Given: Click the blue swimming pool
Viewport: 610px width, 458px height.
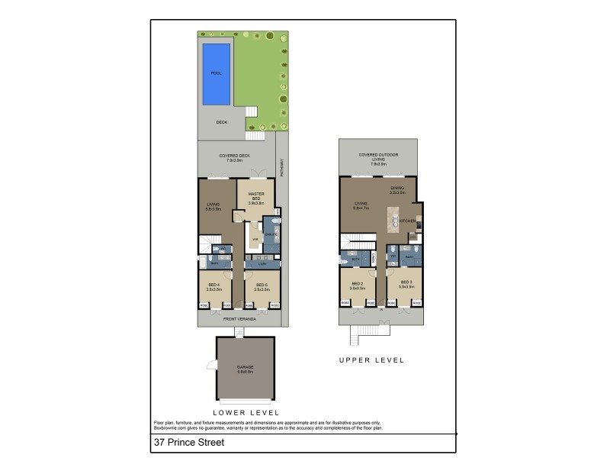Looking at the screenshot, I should click(215, 73).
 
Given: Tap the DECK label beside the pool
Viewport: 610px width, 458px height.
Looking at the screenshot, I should click(221, 121).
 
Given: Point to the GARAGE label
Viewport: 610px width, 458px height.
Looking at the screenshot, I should click(245, 369).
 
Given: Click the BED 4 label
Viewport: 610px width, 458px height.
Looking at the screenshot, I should click(214, 287).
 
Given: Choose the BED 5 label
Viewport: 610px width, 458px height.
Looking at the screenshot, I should click(261, 287).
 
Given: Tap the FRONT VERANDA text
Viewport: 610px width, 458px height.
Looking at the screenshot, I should click(238, 319).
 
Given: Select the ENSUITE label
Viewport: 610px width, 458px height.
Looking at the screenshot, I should click(271, 235).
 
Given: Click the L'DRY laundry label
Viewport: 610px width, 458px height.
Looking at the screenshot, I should click(261, 264).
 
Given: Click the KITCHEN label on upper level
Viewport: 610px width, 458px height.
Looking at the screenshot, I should click(407, 221).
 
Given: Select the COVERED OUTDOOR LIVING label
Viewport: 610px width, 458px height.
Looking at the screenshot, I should click(379, 157).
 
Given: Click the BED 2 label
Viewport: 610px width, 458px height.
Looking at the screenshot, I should click(356, 285).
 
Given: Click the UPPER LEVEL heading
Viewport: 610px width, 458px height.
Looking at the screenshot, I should click(372, 360).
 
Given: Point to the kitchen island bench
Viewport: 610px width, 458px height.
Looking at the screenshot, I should click(395, 222).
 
